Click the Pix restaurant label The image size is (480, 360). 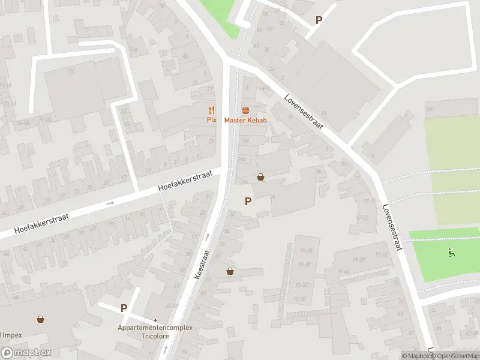[x=211, y=120]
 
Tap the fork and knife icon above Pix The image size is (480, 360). [x=211, y=110]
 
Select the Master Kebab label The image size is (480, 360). [x=245, y=120]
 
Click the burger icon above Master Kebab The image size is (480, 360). [x=245, y=110]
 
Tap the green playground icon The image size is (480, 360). [x=451, y=253]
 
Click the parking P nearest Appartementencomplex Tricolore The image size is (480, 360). [x=124, y=308]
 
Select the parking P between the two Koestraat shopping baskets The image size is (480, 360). [x=247, y=202]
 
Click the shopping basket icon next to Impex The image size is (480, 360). [x=40, y=319]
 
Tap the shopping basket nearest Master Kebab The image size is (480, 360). [x=261, y=177]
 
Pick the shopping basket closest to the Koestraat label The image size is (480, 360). [x=230, y=271]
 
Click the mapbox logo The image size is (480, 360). [x=26, y=353]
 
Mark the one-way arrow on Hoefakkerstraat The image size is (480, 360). [x=110, y=203]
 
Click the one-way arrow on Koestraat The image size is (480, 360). [x=208, y=236]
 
